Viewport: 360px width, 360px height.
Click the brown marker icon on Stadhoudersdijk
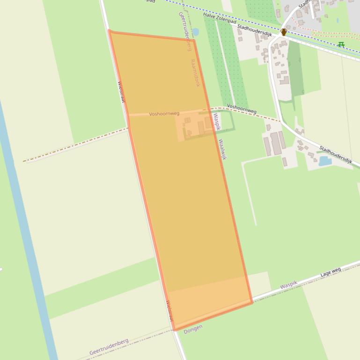pyautogui.click(x=283, y=32)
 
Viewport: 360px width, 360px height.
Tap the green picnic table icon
pyautogui.click(x=341, y=44)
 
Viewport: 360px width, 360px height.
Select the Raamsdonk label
pyautogui.click(x=195, y=72)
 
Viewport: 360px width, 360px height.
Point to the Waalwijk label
pyautogui.click(x=222, y=149)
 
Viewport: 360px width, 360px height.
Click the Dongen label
pyautogui.click(x=193, y=329)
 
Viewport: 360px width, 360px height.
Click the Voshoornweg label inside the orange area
pyautogui.click(x=164, y=114)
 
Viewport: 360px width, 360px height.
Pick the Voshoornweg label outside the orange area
pyautogui.click(x=242, y=108)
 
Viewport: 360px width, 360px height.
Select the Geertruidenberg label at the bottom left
pyautogui.click(x=109, y=347)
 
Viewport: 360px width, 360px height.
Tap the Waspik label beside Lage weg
pyautogui.click(x=289, y=284)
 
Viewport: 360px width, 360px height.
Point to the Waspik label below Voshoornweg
pyautogui.click(x=216, y=122)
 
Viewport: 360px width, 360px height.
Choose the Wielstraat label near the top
pyautogui.click(x=121, y=92)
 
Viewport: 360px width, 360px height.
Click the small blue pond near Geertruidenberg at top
pyautogui.click(x=195, y=32)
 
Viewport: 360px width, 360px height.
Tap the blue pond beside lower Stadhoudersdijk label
pyautogui.click(x=325, y=161)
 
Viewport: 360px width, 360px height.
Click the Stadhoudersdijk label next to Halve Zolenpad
pyautogui.click(x=254, y=31)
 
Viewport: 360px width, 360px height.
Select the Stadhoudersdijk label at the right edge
pyautogui.click(x=336, y=154)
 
